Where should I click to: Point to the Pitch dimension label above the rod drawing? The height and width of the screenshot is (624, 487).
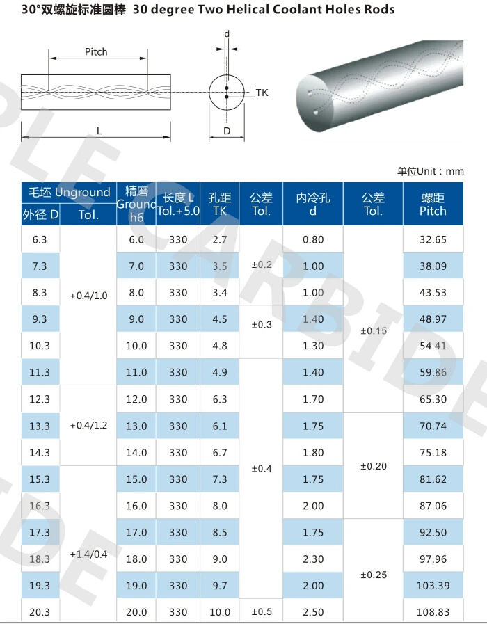(96, 52)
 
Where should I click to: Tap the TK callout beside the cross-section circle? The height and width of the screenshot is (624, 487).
(262, 93)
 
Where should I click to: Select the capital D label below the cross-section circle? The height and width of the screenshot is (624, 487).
(227, 131)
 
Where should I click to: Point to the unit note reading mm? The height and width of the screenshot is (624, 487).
(454, 171)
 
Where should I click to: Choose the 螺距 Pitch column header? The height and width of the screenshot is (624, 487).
(433, 205)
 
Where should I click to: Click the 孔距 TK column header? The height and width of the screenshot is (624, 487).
(220, 205)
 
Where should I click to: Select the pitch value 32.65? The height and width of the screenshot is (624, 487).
(433, 239)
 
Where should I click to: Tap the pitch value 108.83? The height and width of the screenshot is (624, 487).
(433, 612)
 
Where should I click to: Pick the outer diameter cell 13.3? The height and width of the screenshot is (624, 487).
(40, 426)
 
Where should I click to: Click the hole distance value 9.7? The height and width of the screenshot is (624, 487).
(220, 586)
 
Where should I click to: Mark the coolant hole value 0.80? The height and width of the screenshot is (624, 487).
(313, 239)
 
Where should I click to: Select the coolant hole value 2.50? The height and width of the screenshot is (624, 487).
(313, 612)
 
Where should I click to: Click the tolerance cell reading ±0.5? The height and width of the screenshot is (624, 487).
(262, 612)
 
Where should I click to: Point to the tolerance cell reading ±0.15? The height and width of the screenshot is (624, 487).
(374, 331)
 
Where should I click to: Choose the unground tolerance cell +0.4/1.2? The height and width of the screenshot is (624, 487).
(88, 425)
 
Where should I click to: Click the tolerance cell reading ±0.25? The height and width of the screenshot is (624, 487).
(374, 575)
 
